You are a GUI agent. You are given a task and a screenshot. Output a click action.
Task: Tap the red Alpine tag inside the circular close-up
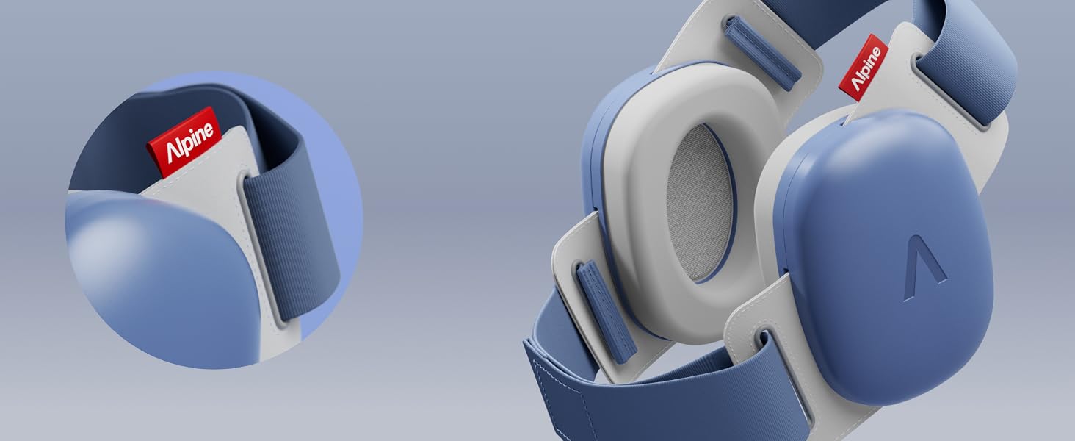tap(184, 142)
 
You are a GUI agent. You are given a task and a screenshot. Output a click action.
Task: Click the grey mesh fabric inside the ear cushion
tap(701, 203)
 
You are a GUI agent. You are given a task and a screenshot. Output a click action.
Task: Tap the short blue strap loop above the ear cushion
tap(761, 53)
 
